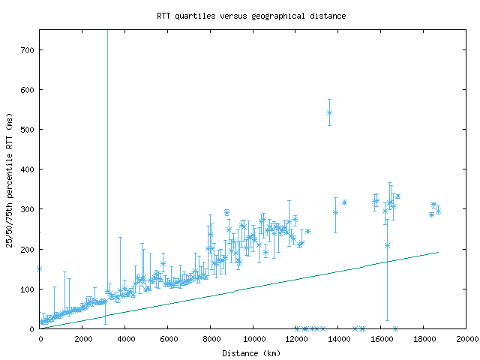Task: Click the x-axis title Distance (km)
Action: [251, 353]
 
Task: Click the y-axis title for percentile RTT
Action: [10, 180]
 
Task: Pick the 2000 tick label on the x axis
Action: [82, 339]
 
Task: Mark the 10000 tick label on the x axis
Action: [253, 339]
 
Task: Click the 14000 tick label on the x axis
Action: [339, 339]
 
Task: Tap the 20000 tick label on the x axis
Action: [466, 339]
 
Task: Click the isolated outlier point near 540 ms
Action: [329, 112]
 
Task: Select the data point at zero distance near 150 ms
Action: [40, 268]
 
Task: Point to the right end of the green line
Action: [438, 252]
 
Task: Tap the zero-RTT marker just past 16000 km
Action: [395, 328]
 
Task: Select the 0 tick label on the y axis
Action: [33, 328]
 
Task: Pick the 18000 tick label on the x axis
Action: [424, 339]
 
